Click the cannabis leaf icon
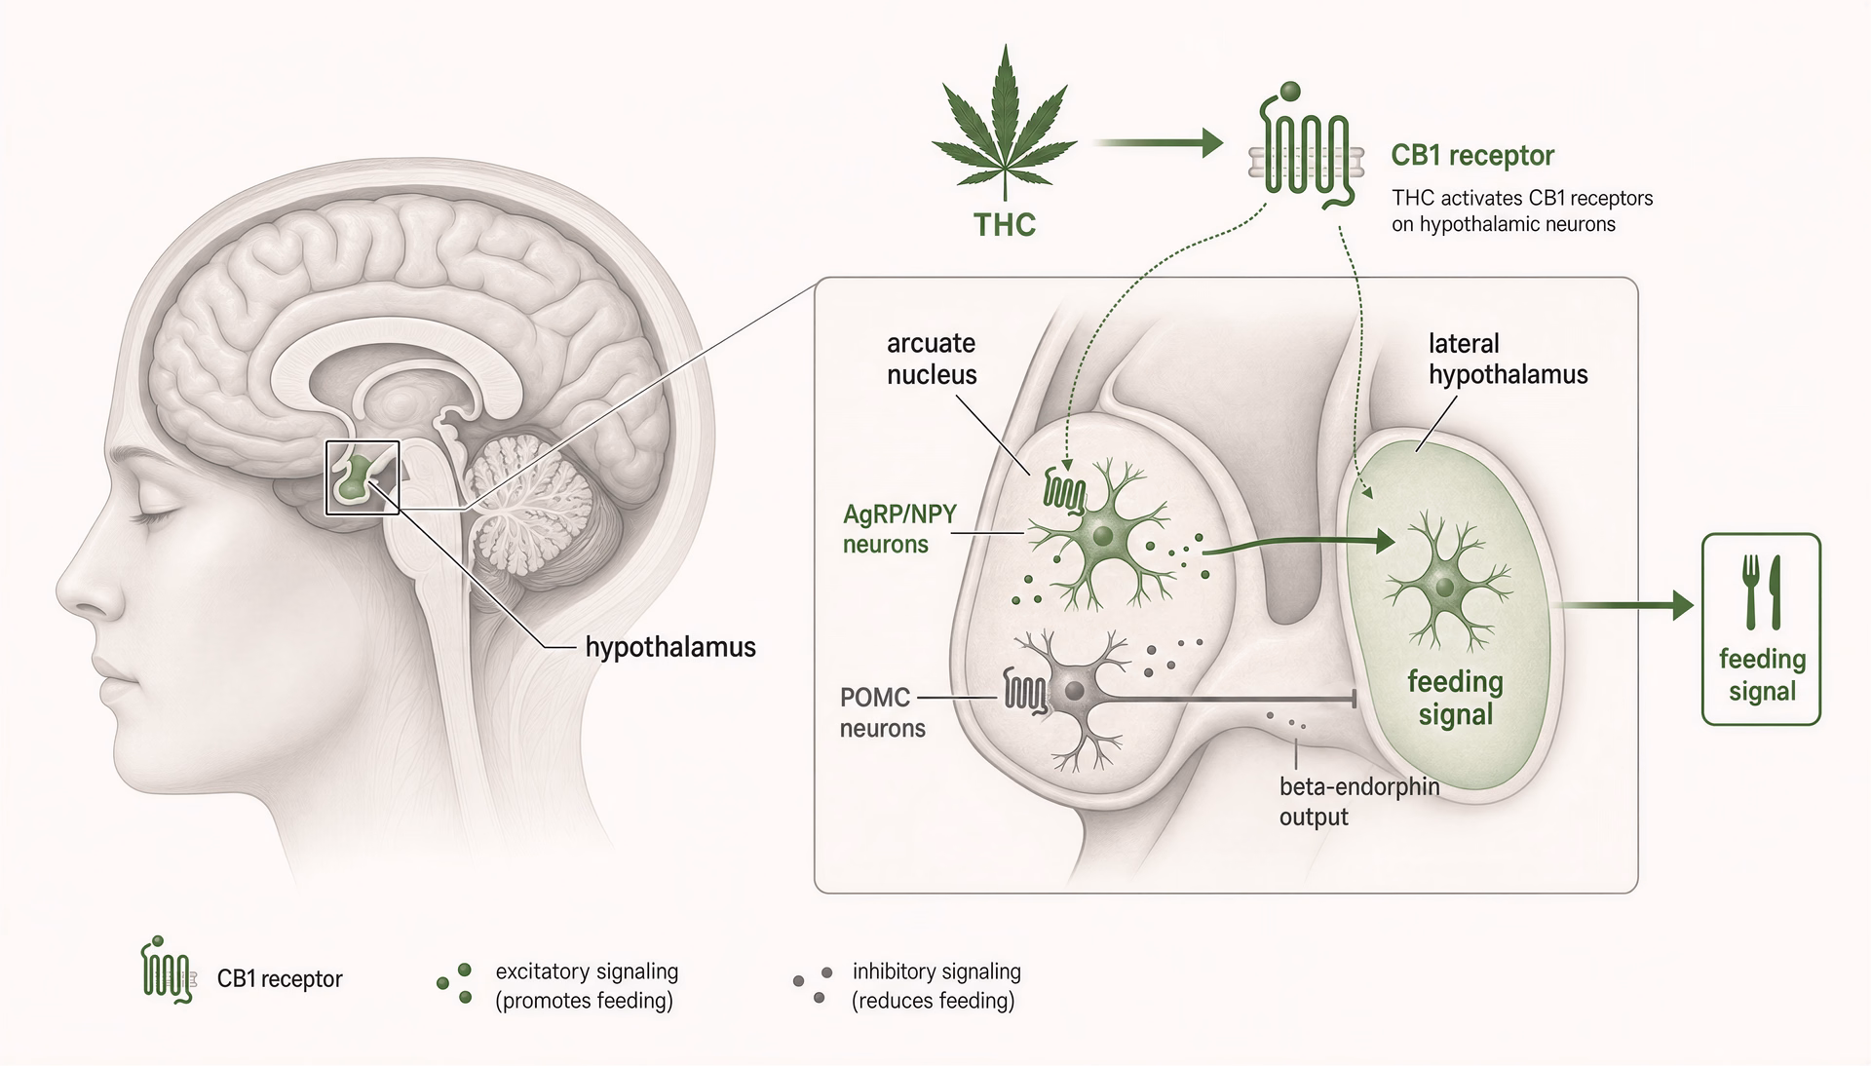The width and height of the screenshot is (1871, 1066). click(x=1004, y=126)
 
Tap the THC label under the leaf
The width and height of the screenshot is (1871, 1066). click(x=1005, y=225)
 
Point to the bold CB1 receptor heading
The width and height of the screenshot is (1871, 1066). click(x=1472, y=155)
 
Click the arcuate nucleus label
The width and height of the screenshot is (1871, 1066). click(x=932, y=359)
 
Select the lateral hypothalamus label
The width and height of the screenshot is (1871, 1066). click(x=1508, y=359)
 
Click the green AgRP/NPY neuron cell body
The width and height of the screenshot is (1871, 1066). click(x=1102, y=536)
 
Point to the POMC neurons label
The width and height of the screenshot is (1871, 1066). click(x=882, y=712)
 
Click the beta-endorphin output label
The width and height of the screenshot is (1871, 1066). click(x=1358, y=801)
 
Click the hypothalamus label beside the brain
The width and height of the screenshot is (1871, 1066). click(x=670, y=647)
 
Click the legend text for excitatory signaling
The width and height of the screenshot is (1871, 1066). click(x=587, y=986)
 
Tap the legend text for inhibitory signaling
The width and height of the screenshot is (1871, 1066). click(x=935, y=986)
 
